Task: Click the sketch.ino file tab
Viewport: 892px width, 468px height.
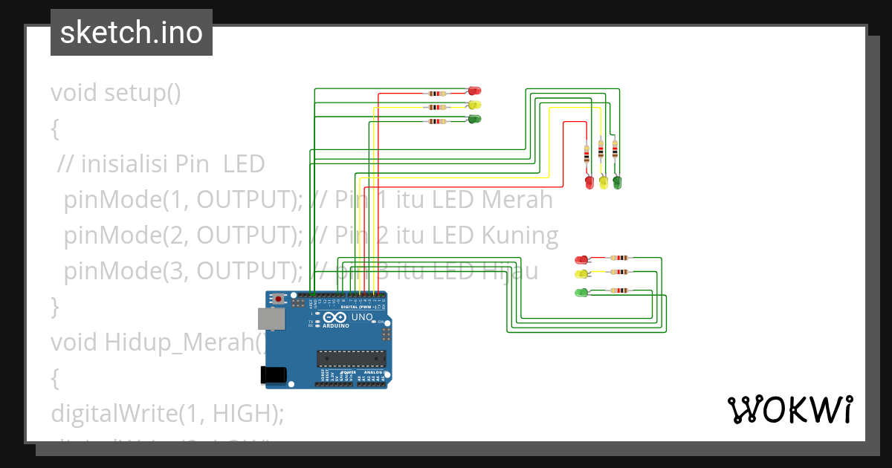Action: point(132,33)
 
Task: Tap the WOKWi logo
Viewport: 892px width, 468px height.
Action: point(789,410)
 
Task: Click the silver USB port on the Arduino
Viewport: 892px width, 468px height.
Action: point(270,319)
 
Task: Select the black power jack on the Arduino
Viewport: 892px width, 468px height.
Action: point(274,375)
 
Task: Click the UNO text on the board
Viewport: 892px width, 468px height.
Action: point(361,317)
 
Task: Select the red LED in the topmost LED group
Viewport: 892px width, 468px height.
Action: point(474,91)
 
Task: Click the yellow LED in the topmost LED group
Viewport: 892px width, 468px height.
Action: point(474,105)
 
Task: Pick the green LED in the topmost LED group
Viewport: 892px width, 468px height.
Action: point(474,120)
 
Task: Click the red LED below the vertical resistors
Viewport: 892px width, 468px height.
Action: point(589,181)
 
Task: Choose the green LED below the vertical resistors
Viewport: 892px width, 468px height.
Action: point(617,181)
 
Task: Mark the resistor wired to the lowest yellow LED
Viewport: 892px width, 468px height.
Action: point(618,273)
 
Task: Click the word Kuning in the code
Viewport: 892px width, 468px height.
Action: point(520,235)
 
